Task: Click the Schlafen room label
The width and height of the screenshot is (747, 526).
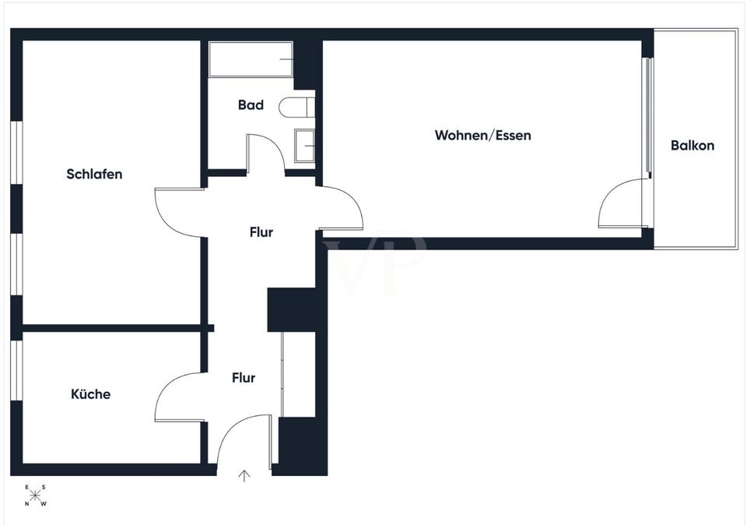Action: coord(94,175)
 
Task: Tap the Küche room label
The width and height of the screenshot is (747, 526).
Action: coord(90,394)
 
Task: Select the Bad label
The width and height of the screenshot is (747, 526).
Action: coord(251,105)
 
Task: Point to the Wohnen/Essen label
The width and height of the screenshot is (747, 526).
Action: coord(482,135)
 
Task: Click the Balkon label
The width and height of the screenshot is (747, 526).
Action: coord(693,145)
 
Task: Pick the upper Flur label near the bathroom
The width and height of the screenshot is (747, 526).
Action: coord(261,232)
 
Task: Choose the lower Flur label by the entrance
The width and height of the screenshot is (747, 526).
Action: coord(244,378)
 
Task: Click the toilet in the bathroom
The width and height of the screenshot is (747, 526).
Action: coord(296,107)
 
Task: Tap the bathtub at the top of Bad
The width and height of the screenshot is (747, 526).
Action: coord(251,59)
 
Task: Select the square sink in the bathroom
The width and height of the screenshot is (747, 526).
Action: coord(304,146)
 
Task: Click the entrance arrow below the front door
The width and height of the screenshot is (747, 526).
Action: coord(244,476)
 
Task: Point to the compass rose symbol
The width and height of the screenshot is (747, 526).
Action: coord(35,496)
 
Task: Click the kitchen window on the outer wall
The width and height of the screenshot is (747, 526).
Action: coord(16,370)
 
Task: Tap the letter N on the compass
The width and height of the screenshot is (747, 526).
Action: coord(27,504)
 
